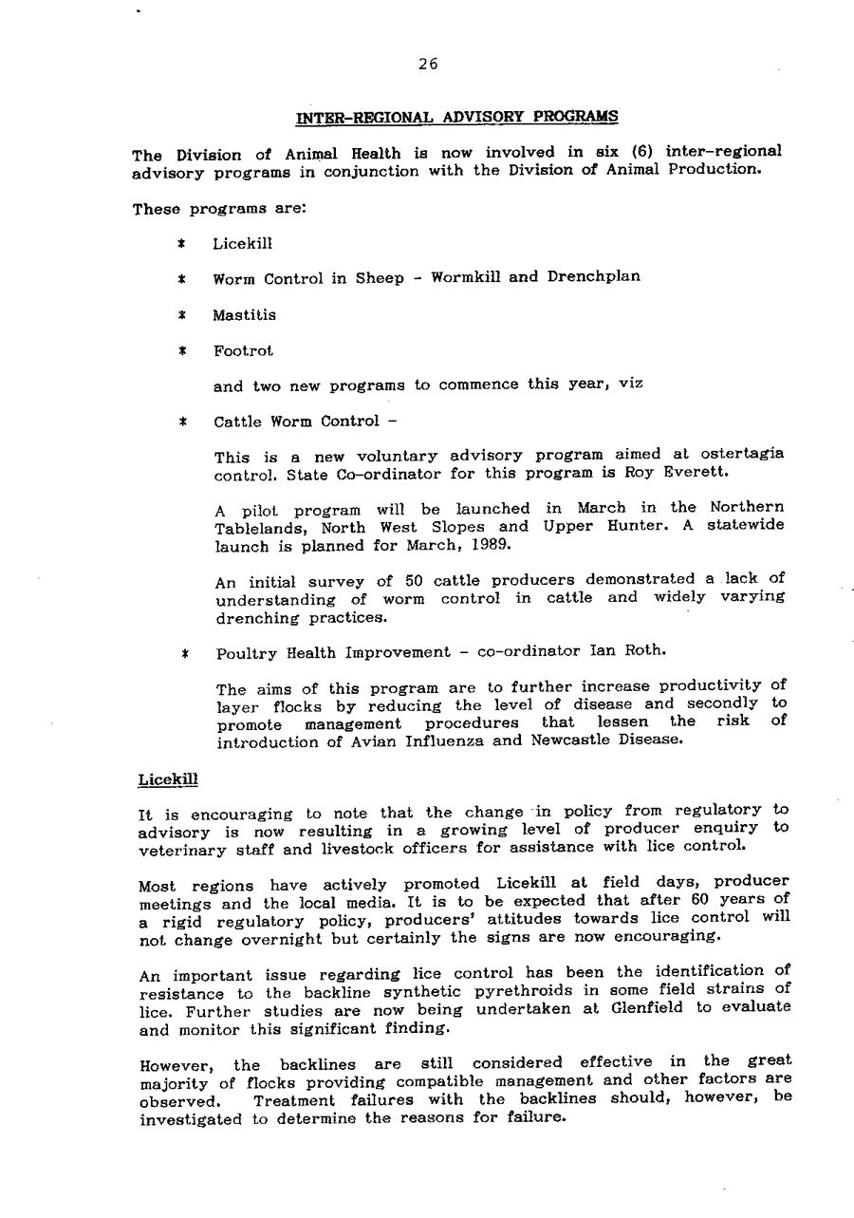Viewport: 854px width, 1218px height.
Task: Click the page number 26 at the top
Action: [428, 65]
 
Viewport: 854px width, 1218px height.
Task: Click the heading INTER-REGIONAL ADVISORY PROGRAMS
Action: [457, 117]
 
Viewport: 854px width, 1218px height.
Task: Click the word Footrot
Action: [244, 350]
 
